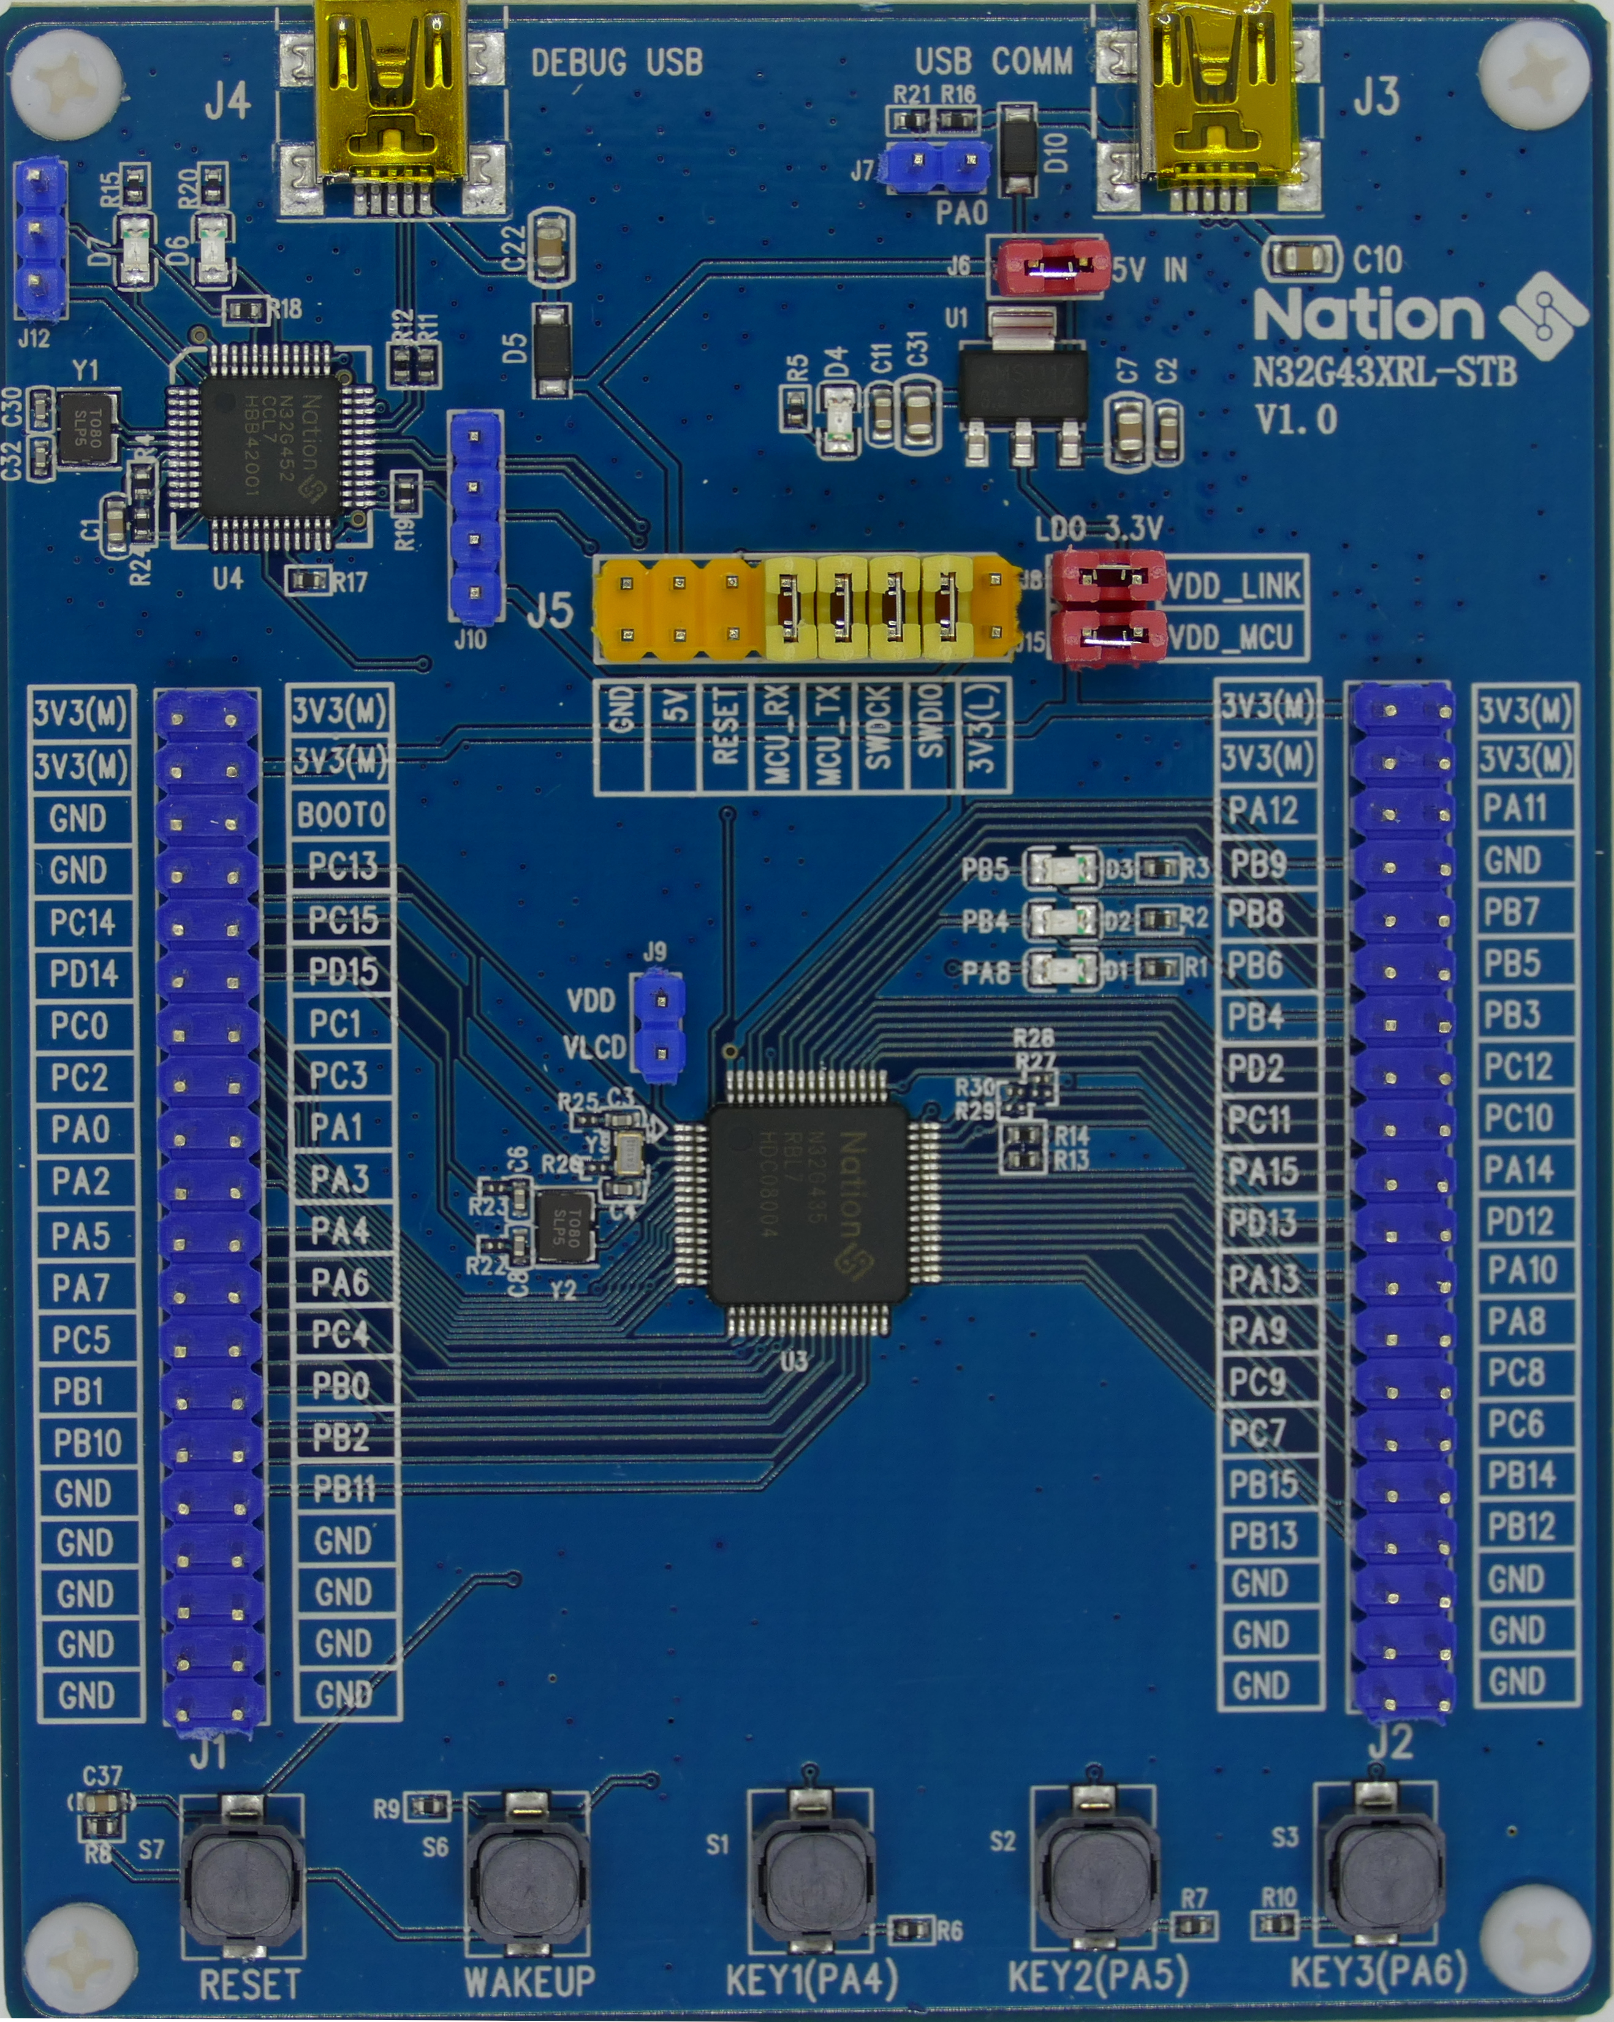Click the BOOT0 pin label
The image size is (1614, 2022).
point(341,815)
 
